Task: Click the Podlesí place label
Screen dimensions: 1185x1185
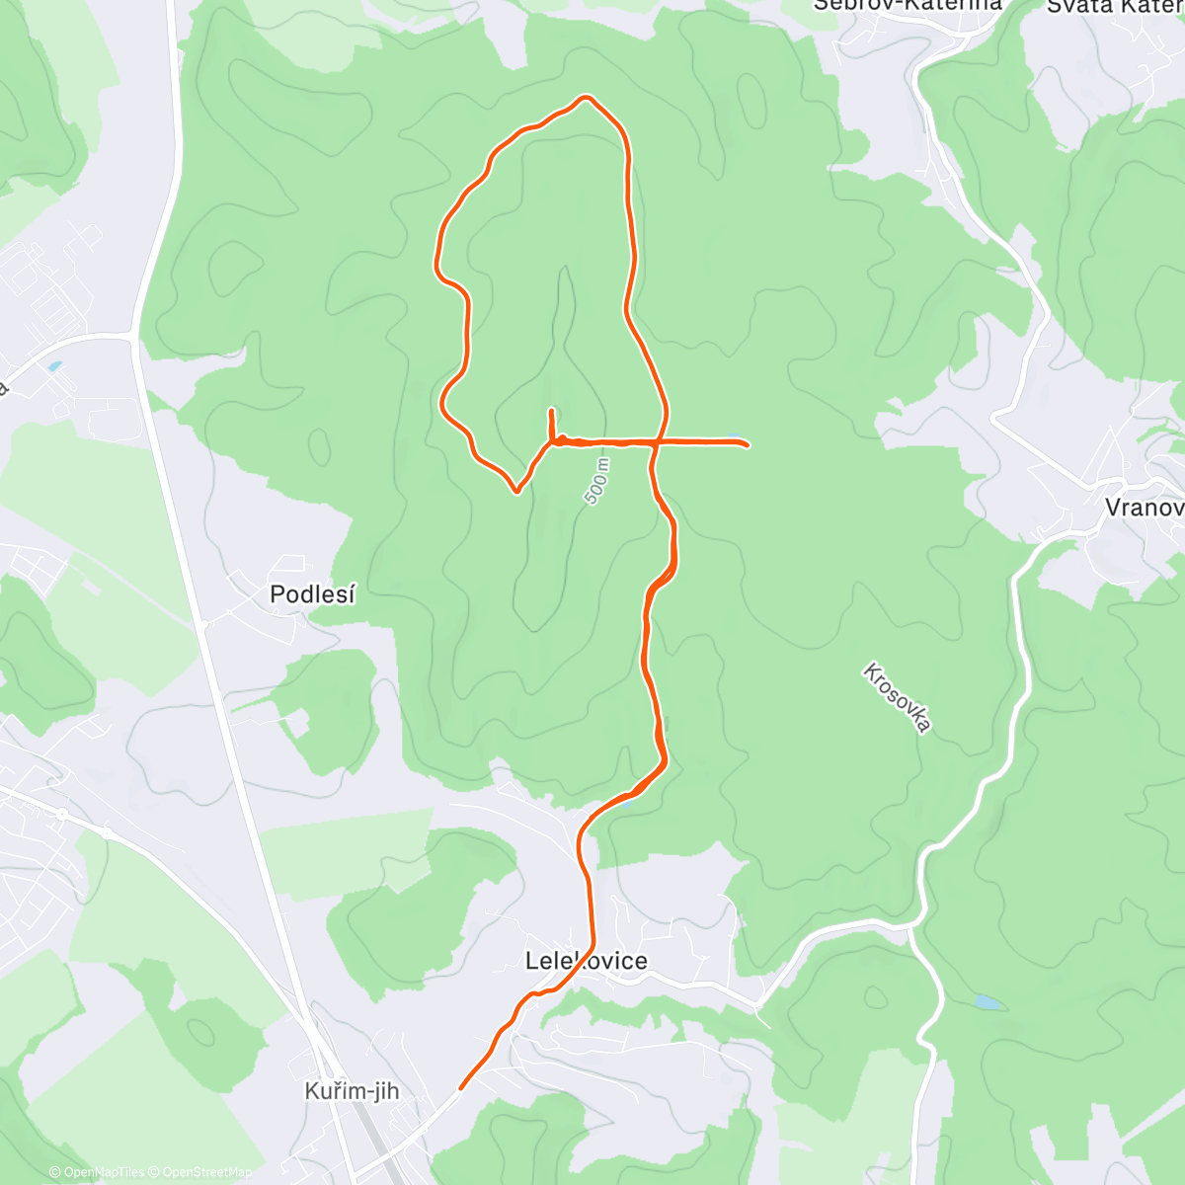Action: [312, 594]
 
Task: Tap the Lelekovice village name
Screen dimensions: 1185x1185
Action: [587, 961]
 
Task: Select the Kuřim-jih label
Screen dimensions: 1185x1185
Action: [352, 1091]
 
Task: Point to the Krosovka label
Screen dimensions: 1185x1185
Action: [897, 698]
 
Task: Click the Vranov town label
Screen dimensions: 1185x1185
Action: [1144, 508]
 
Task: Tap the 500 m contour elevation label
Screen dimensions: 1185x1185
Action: [596, 482]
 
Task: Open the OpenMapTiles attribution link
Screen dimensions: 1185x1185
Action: [104, 1172]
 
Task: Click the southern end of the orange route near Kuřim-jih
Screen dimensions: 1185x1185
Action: [461, 1088]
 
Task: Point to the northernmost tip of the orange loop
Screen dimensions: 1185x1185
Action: [588, 97]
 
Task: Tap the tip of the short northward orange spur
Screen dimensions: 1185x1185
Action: [550, 409]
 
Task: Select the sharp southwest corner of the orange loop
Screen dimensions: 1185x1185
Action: [515, 491]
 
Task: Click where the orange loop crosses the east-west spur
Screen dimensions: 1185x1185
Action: [656, 442]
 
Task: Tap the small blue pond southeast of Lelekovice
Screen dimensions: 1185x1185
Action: [987, 1002]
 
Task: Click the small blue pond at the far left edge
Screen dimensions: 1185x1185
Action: [53, 366]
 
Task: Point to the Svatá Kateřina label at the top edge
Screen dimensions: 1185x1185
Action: [1114, 6]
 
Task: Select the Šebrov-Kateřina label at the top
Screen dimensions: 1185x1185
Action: [907, 4]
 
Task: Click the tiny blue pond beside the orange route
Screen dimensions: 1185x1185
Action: [624, 802]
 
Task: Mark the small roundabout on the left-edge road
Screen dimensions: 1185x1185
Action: [61, 815]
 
